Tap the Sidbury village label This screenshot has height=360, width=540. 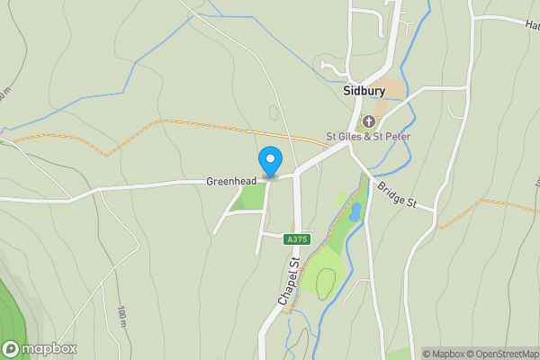[365, 91]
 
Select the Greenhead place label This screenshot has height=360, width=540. [231, 180]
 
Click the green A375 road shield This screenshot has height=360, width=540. [296, 239]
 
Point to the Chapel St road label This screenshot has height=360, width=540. [288, 283]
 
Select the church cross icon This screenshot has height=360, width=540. [369, 121]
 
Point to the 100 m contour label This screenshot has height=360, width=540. [121, 317]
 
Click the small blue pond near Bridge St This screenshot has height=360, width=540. [355, 212]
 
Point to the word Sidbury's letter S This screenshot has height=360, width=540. [347, 91]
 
